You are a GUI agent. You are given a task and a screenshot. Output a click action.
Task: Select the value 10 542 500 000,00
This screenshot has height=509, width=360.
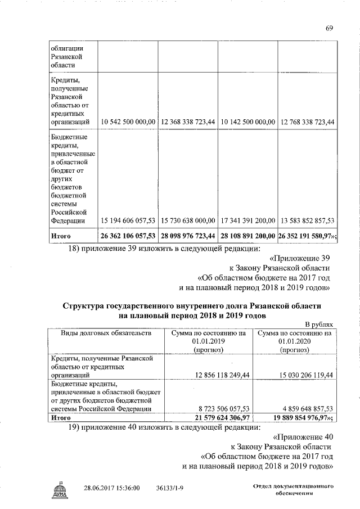coord(128,122)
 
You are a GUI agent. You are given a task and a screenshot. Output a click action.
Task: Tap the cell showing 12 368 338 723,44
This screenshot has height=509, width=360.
coord(187,122)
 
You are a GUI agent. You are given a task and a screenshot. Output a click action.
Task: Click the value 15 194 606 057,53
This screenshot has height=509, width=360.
coord(128,220)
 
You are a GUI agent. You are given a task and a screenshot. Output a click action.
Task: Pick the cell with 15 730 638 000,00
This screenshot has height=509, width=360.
coord(187,220)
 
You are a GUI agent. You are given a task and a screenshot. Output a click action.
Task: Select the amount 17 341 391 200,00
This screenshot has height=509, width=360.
coord(247,220)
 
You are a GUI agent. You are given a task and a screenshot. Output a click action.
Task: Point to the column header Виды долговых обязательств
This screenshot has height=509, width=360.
coord(105,333)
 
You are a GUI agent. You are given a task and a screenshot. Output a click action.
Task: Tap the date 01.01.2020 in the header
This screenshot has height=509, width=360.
coord(294,341)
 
